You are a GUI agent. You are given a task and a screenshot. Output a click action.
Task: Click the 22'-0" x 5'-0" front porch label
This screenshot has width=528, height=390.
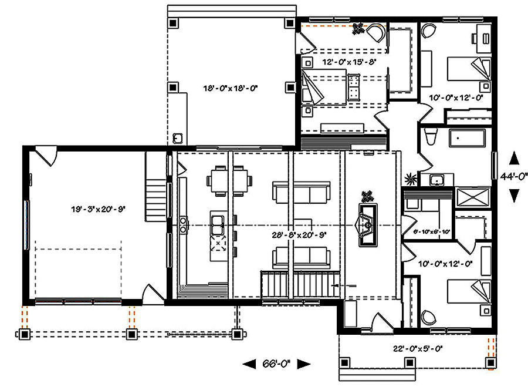(x=417, y=348)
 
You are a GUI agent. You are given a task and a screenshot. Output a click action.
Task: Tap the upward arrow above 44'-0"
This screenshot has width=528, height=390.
(x=514, y=158)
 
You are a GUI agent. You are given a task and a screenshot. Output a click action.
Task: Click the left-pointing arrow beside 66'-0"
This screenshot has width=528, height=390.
(x=249, y=364)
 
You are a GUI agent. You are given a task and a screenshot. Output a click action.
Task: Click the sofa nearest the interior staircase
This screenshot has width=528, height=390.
(x=301, y=257)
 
